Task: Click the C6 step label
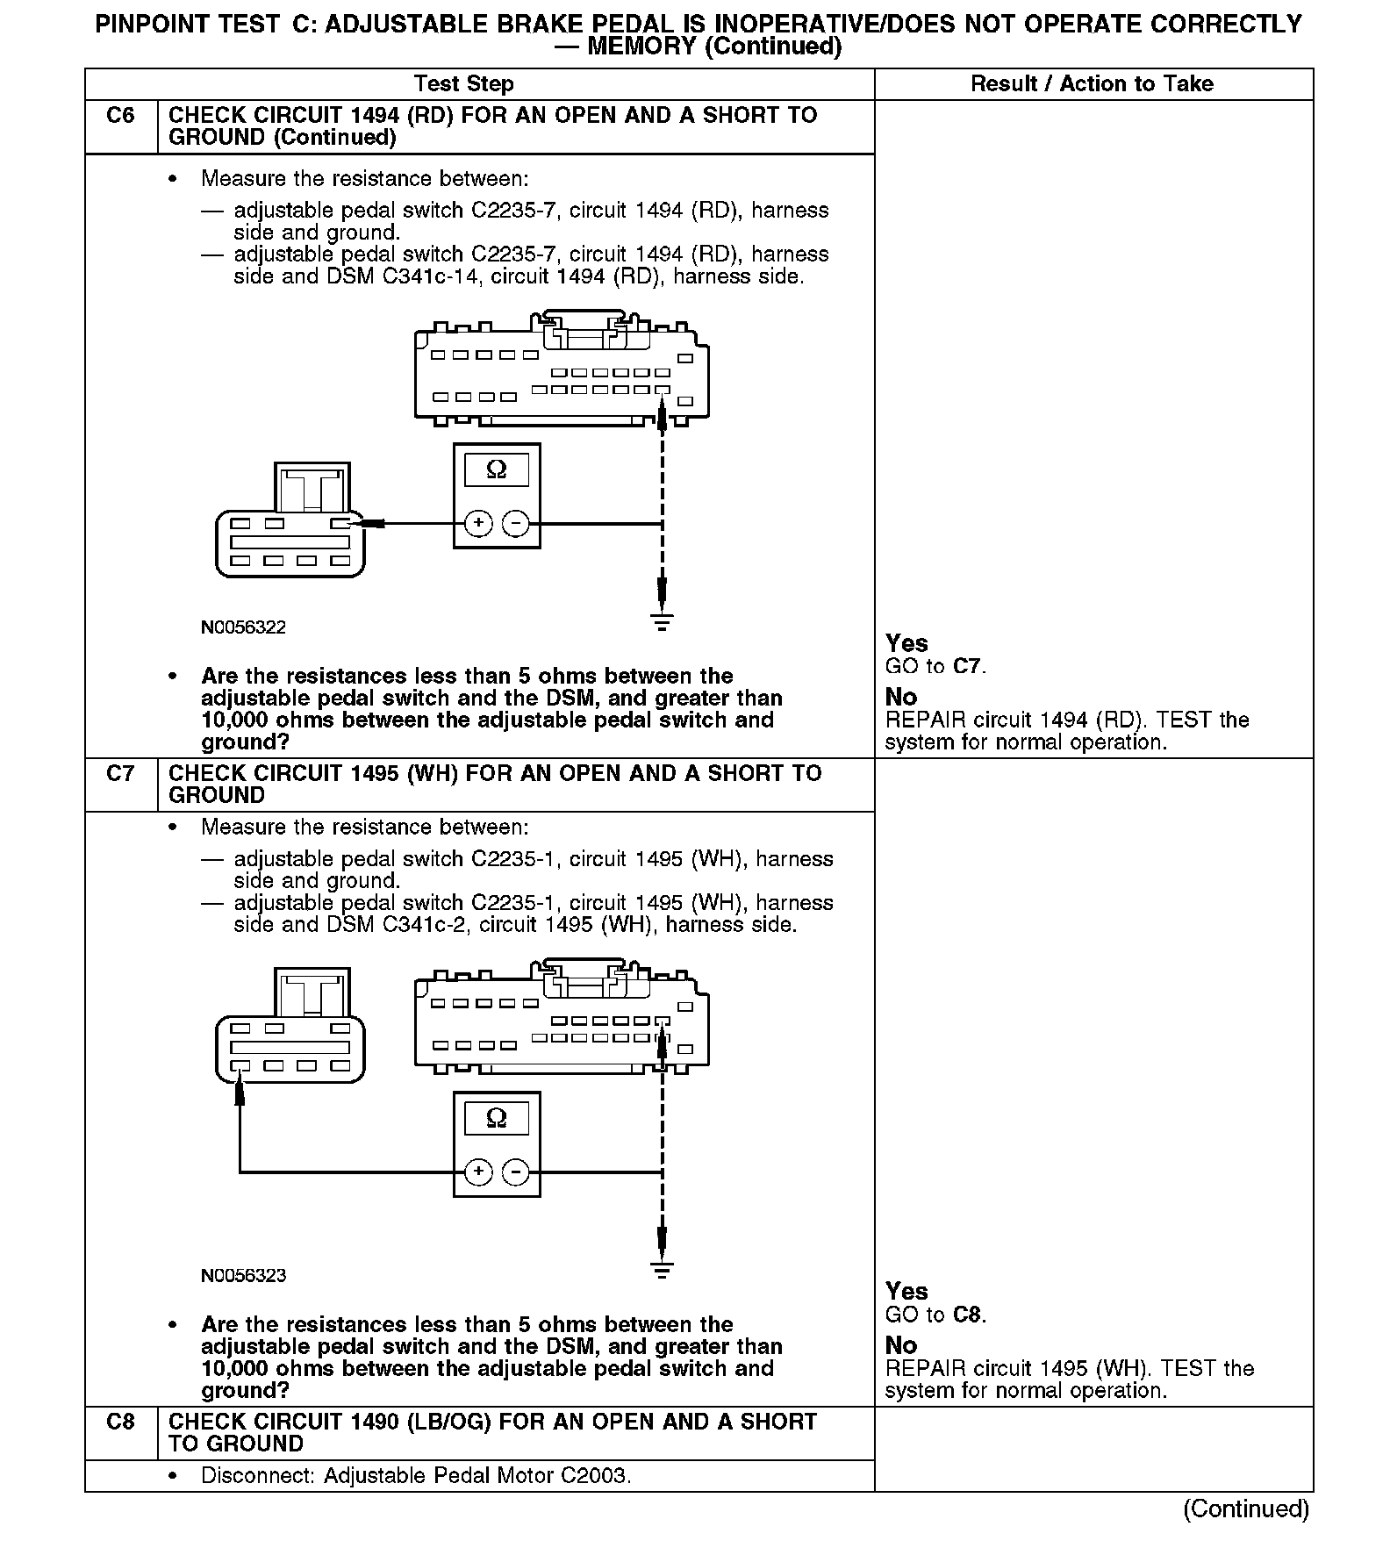[120, 116]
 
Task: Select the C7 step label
[120, 774]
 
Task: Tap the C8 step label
[120, 1423]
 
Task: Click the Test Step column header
[463, 84]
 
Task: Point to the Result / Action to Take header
[1092, 84]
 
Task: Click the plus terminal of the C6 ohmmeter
[478, 524]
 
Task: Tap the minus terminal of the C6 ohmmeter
[516, 524]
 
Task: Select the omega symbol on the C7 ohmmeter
[497, 1118]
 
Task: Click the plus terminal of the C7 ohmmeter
[478, 1172]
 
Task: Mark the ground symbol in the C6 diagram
[662, 623]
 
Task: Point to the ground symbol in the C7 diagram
[662, 1271]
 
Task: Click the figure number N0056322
[243, 627]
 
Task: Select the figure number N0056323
[243, 1276]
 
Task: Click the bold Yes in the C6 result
[906, 643]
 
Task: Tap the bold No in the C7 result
[901, 1345]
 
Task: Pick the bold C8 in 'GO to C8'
[967, 1315]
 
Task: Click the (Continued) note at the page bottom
[1245, 1509]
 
